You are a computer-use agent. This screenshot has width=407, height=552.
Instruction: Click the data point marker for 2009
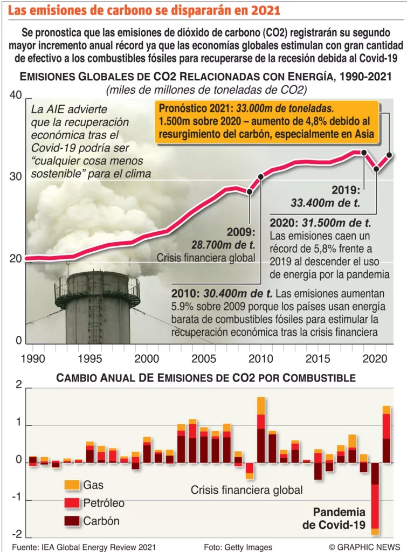pyautogui.click(x=250, y=191)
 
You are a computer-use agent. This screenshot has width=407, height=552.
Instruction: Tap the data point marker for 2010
pyautogui.click(x=261, y=176)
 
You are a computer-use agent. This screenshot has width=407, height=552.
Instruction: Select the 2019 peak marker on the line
pyautogui.click(x=364, y=153)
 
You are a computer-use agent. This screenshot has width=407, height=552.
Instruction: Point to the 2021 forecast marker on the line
pyautogui.click(x=389, y=155)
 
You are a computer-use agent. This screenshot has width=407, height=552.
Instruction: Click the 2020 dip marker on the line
pyautogui.click(x=376, y=169)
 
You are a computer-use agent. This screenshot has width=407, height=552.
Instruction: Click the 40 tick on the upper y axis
pyautogui.click(x=15, y=95)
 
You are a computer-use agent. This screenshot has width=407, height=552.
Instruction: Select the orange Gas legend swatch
pyautogui.click(x=71, y=485)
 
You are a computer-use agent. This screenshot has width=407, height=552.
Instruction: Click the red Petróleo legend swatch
pyautogui.click(x=71, y=503)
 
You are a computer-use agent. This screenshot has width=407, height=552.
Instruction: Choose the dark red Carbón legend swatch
pyautogui.click(x=71, y=521)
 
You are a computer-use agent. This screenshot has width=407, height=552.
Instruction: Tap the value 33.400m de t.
pyautogui.click(x=325, y=203)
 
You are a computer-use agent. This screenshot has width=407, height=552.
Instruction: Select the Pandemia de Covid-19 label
pyautogui.click(x=339, y=517)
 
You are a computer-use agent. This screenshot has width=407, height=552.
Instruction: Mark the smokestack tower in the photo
pyautogui.click(x=98, y=307)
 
